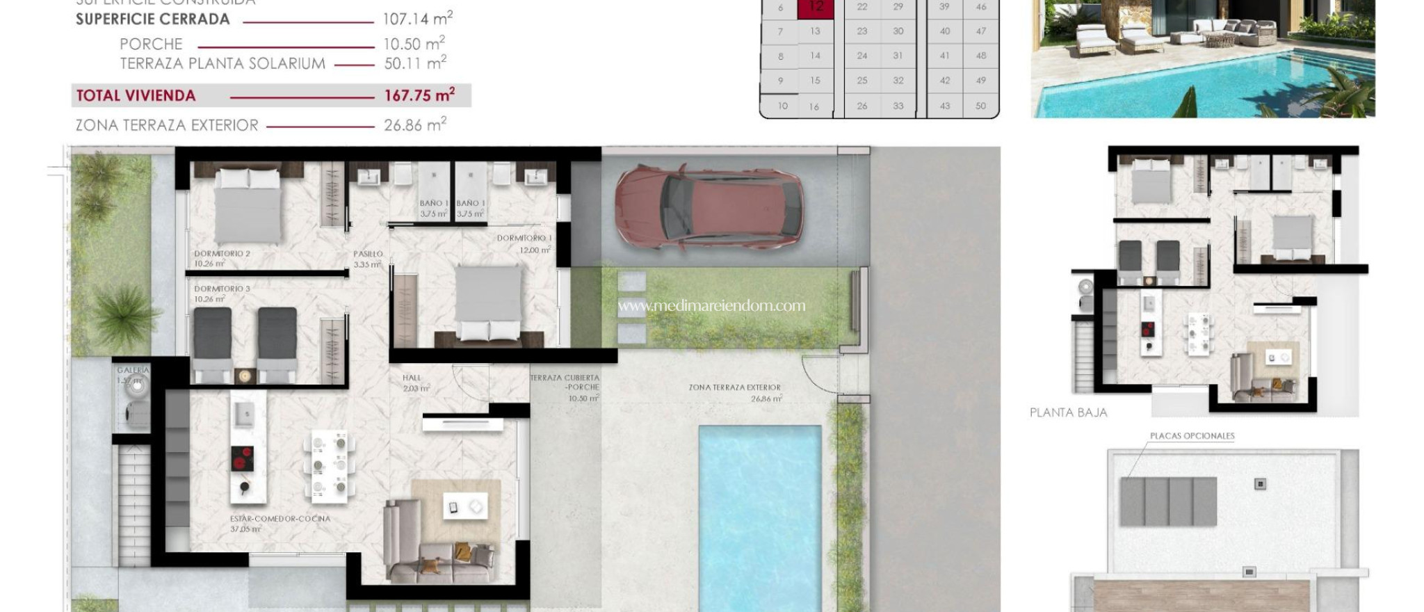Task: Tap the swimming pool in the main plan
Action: click(759, 515)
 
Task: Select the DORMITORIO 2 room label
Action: click(222, 254)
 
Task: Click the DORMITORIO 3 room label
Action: click(222, 289)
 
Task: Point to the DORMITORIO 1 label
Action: click(524, 239)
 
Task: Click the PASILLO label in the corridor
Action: click(368, 255)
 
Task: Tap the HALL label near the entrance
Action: click(412, 378)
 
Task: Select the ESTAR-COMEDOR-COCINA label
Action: click(280, 519)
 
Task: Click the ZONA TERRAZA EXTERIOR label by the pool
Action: click(735, 387)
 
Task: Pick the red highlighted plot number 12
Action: click(816, 7)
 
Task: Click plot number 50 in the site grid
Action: click(980, 106)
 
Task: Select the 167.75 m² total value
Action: click(419, 95)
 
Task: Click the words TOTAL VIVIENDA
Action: click(136, 96)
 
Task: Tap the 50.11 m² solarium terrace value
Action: click(415, 63)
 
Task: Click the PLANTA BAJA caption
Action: click(1068, 412)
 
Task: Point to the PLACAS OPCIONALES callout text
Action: click(1192, 436)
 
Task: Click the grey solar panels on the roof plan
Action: click(1168, 501)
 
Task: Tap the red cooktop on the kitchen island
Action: click(242, 459)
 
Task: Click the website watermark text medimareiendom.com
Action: click(711, 305)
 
